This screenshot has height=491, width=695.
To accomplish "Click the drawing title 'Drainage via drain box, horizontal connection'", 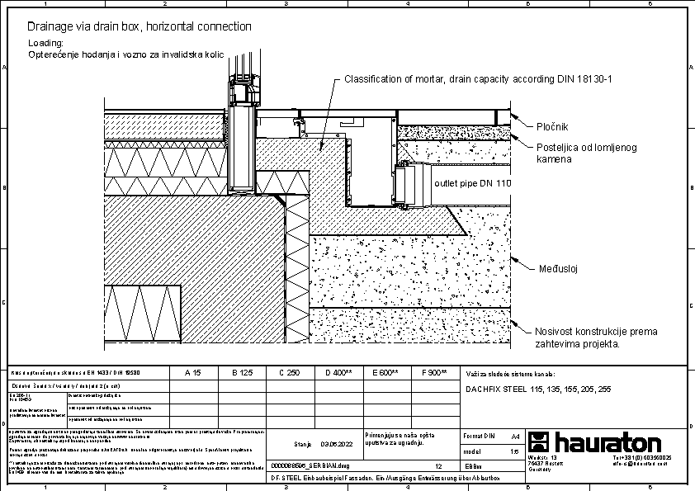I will (139, 26).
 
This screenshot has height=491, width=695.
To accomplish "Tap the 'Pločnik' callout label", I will (552, 127).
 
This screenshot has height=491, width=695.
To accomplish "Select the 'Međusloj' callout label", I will (558, 269).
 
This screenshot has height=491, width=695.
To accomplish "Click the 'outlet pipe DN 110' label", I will (473, 182).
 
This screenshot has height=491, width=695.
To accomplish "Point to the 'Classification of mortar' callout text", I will (477, 79).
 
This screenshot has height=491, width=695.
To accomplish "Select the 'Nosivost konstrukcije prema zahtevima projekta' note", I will (596, 338).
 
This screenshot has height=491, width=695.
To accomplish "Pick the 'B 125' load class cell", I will (241, 373).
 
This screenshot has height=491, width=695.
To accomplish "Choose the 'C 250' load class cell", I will (289, 373).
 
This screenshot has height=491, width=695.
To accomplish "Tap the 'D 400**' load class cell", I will (338, 373).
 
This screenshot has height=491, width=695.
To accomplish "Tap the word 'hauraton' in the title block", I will (608, 441).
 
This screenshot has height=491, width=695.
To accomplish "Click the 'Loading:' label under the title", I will (45, 42).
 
